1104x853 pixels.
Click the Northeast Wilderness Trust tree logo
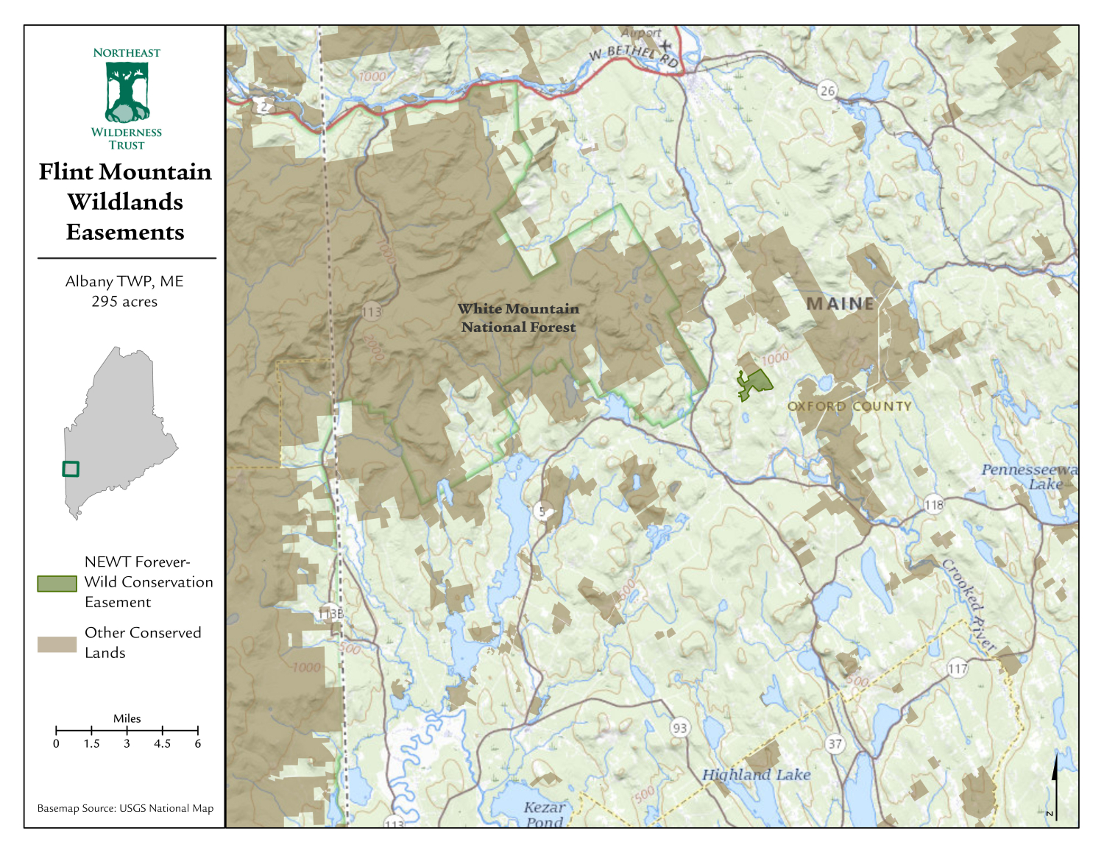(x=127, y=93)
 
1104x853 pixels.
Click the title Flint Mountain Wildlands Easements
(x=125, y=202)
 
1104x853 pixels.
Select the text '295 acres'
(x=124, y=302)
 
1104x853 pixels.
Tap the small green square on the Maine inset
(x=71, y=469)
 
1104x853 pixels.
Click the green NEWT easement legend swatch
(x=57, y=584)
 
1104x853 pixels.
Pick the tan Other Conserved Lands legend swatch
(x=57, y=644)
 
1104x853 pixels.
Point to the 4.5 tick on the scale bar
(x=162, y=730)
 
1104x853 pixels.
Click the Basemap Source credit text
(x=125, y=808)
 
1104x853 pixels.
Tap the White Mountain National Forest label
(x=518, y=318)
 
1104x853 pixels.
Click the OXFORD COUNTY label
(x=849, y=406)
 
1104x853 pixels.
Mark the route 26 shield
(x=828, y=91)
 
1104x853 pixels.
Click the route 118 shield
(x=933, y=505)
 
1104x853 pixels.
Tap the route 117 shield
(x=957, y=669)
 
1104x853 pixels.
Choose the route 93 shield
(x=679, y=728)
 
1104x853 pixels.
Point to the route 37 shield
(x=835, y=744)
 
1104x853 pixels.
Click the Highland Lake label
(x=756, y=774)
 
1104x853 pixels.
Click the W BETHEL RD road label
(x=634, y=54)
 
